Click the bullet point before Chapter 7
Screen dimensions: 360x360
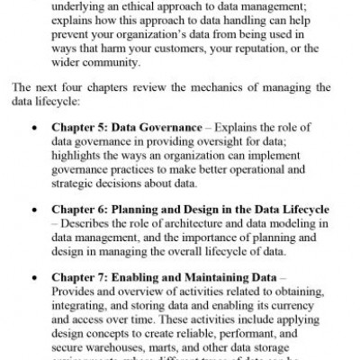click(x=33, y=298)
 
